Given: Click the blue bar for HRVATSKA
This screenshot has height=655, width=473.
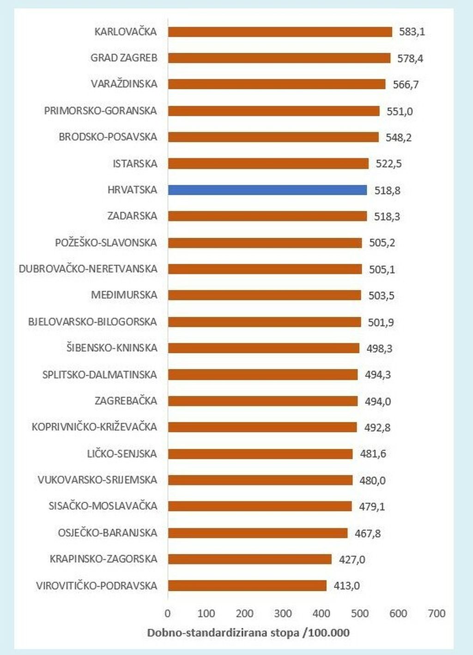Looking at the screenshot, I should tap(267, 190).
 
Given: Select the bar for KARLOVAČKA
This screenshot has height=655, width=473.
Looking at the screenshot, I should tap(280, 32).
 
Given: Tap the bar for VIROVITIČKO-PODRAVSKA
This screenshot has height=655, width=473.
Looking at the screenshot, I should tap(247, 586).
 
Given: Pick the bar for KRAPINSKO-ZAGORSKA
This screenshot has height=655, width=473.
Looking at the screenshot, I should tap(250, 559).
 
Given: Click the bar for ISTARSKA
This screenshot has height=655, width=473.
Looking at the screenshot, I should tap(268, 163).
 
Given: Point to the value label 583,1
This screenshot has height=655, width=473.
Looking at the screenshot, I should tap(412, 32).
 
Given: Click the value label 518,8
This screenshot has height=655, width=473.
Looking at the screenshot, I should tap(387, 190).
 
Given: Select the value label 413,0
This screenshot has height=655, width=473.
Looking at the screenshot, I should tap(346, 586).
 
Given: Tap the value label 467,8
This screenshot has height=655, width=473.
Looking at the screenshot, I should tap(368, 534).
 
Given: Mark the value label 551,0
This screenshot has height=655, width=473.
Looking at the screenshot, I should tap(400, 111).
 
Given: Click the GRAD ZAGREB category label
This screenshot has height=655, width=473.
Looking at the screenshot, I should tap(124, 58).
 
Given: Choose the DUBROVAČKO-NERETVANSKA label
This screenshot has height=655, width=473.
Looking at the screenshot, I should tap(88, 269).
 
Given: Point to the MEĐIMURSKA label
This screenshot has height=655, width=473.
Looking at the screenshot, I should tap(124, 295).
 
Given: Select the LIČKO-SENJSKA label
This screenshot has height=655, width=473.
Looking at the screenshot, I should tap(122, 454).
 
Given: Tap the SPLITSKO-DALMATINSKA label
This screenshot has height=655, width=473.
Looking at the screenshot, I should tap(99, 374).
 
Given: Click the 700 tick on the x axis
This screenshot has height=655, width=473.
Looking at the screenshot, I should tap(437, 613).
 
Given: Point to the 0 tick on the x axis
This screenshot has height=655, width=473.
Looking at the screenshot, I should tap(168, 613).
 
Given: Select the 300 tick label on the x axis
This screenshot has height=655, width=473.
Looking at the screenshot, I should tap(283, 613).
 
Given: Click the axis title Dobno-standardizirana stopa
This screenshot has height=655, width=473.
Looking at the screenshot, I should tap(248, 633).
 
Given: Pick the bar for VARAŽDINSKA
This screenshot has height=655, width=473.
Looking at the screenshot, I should tap(277, 84).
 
